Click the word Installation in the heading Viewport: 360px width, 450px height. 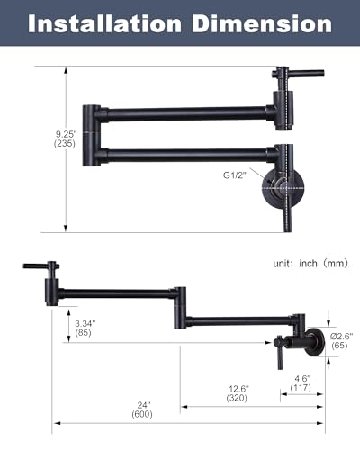pyautogui.click(x=104, y=23)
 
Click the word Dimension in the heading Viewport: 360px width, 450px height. pyautogui.click(x=262, y=23)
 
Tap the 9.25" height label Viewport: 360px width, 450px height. pyautogui.click(x=67, y=134)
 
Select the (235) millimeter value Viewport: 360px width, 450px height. pyautogui.click(x=65, y=144)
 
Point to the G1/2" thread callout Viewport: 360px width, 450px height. pyautogui.click(x=235, y=175)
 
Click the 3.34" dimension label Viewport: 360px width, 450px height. pyautogui.click(x=85, y=323)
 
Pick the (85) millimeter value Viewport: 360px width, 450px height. pyautogui.click(x=83, y=333)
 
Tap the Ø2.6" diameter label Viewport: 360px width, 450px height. pyautogui.click(x=341, y=336)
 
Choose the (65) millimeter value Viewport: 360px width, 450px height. pyautogui.click(x=339, y=346)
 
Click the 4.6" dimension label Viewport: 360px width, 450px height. pyautogui.click(x=302, y=378)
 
